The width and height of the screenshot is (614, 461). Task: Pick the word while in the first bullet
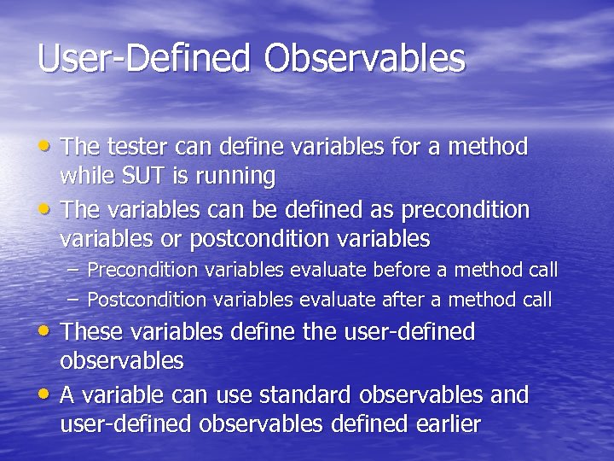85,177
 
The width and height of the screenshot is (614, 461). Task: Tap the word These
93,331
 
